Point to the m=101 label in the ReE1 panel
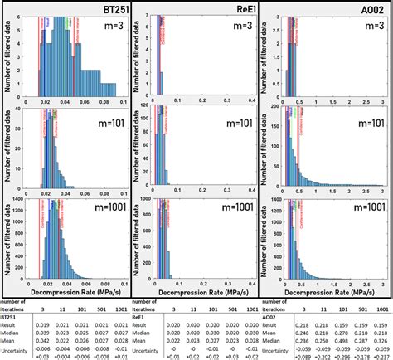(232, 124)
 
